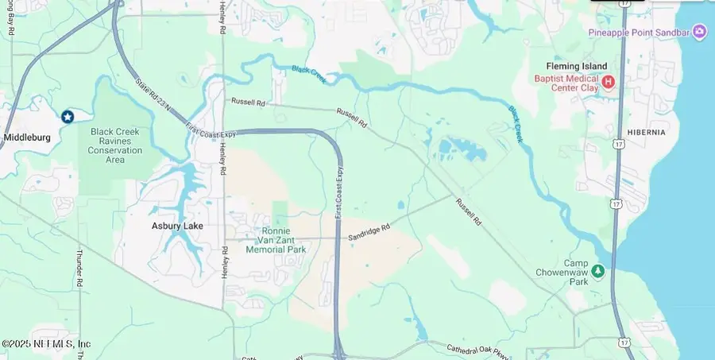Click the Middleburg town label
(27, 137)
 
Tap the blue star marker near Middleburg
(68, 117)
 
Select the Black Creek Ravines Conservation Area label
(115, 145)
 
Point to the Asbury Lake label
(177, 226)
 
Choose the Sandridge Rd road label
(369, 231)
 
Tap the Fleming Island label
(576, 66)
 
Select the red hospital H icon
(609, 81)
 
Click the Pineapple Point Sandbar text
(638, 32)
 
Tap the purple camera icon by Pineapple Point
(699, 32)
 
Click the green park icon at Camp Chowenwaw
(598, 272)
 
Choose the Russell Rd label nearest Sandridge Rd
(468, 211)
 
